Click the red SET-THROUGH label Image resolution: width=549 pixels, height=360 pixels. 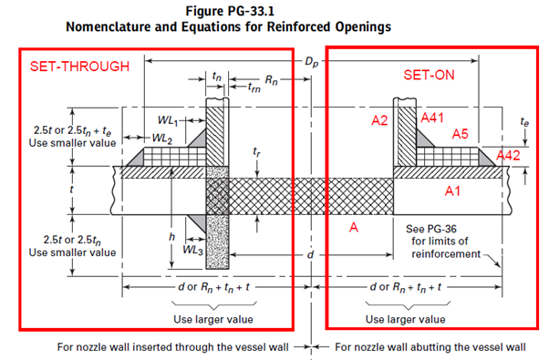click(x=79, y=67)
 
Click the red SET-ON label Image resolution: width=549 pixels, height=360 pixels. click(x=429, y=75)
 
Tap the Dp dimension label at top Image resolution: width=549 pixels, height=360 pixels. click(x=311, y=62)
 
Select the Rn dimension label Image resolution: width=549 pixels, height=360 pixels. click(x=271, y=80)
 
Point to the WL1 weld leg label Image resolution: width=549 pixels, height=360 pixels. click(x=168, y=120)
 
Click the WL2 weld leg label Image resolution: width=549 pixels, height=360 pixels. click(x=162, y=139)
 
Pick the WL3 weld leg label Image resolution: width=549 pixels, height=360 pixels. click(x=193, y=250)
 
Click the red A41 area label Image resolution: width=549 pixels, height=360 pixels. click(x=432, y=118)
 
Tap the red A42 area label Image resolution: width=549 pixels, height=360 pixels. click(x=508, y=155)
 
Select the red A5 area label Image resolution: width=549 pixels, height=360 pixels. click(x=460, y=134)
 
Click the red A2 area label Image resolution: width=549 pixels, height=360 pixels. click(x=379, y=120)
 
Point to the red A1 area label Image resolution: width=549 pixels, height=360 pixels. click(x=452, y=191)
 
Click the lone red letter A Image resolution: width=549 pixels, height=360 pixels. click(x=354, y=228)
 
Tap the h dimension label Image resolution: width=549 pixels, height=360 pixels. click(x=171, y=237)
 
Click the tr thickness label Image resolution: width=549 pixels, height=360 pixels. click(x=256, y=152)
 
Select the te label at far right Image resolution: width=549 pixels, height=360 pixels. click(x=524, y=122)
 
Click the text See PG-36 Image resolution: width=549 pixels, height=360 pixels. click(x=431, y=229)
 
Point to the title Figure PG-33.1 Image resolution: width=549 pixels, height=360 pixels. click(x=230, y=11)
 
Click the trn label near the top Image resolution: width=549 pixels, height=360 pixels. click(x=254, y=87)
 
